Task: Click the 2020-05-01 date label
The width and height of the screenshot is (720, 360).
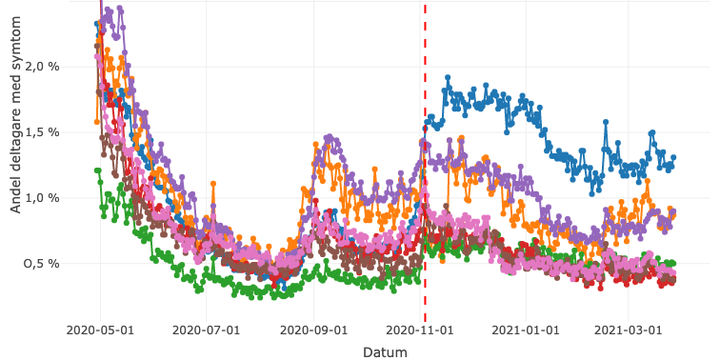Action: pos(100,330)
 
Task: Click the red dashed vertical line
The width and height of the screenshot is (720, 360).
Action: pos(425,190)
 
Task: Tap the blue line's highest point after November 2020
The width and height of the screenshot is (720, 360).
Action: pos(448,78)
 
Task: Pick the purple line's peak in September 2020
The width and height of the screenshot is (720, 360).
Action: pos(329,137)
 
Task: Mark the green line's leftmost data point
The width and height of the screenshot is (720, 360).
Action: pos(96,170)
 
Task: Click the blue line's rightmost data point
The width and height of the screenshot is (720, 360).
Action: pos(673,158)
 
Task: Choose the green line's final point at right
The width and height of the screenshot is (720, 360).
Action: pos(673,263)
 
